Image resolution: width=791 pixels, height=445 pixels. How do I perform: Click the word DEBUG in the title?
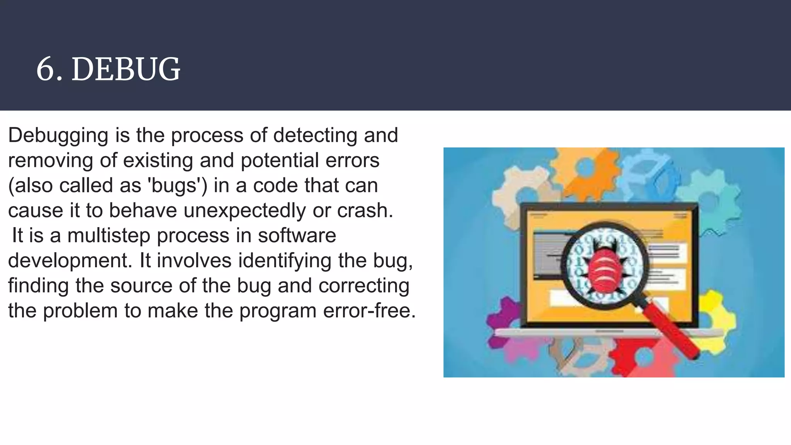(x=126, y=70)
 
